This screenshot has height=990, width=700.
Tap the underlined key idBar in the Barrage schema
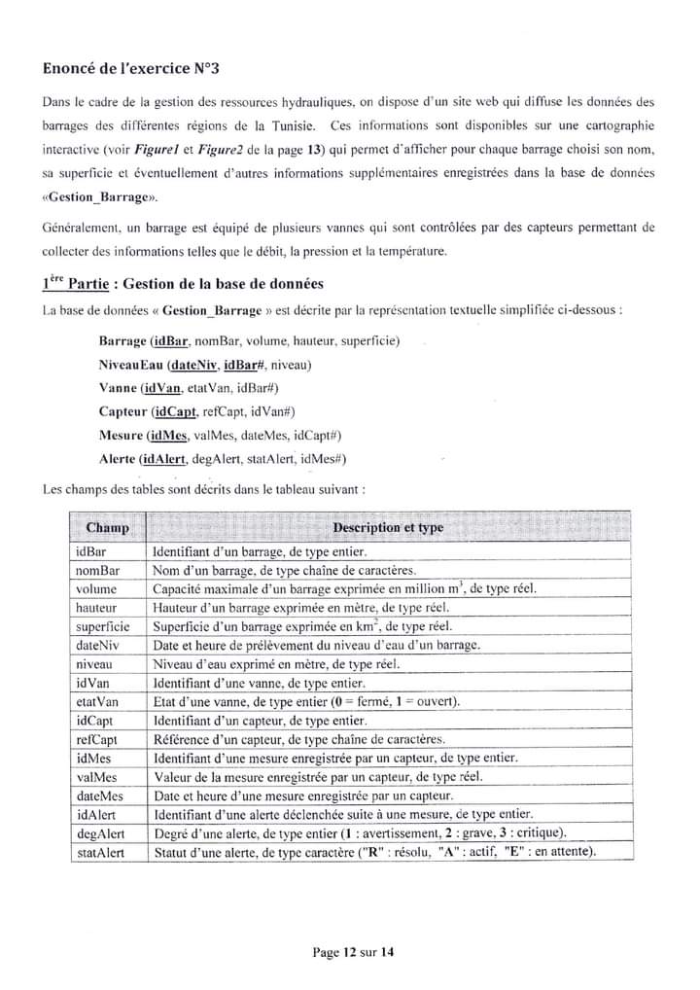[170, 341]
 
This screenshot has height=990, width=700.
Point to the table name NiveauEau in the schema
[130, 365]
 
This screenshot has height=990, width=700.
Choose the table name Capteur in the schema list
[122, 411]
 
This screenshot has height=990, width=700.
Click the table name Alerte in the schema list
[118, 458]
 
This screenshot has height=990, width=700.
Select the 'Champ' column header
[107, 528]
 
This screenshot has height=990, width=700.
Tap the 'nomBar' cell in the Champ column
[97, 570]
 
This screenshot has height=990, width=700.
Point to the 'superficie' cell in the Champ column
[102, 626]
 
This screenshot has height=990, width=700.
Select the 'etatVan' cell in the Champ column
[97, 701]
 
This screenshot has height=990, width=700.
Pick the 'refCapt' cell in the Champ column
[97, 739]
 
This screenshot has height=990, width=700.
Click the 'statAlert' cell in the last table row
[100, 852]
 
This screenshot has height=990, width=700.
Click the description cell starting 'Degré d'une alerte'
[360, 833]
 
